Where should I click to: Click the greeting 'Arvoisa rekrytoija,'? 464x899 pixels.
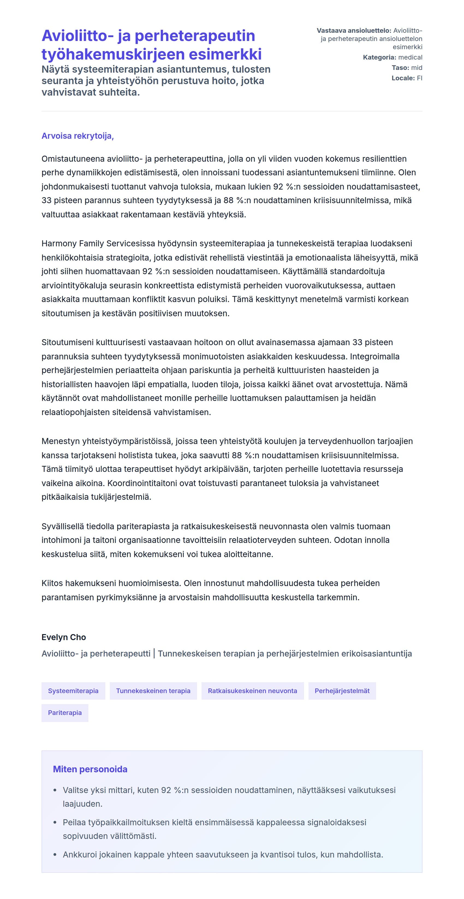click(78, 136)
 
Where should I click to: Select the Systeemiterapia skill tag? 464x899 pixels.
click(73, 691)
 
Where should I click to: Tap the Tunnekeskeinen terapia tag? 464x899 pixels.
click(153, 691)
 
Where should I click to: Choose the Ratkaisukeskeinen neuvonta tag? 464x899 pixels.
click(252, 691)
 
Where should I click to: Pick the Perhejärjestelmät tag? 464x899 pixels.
click(342, 691)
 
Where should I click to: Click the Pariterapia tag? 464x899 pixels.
click(65, 713)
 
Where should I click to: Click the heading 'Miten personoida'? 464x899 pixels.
click(90, 769)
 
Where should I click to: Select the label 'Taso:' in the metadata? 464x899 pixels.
click(400, 68)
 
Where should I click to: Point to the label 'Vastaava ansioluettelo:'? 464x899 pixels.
click(354, 31)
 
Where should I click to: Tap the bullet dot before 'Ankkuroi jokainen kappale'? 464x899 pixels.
click(55, 855)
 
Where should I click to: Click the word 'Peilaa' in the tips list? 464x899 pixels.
click(73, 822)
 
